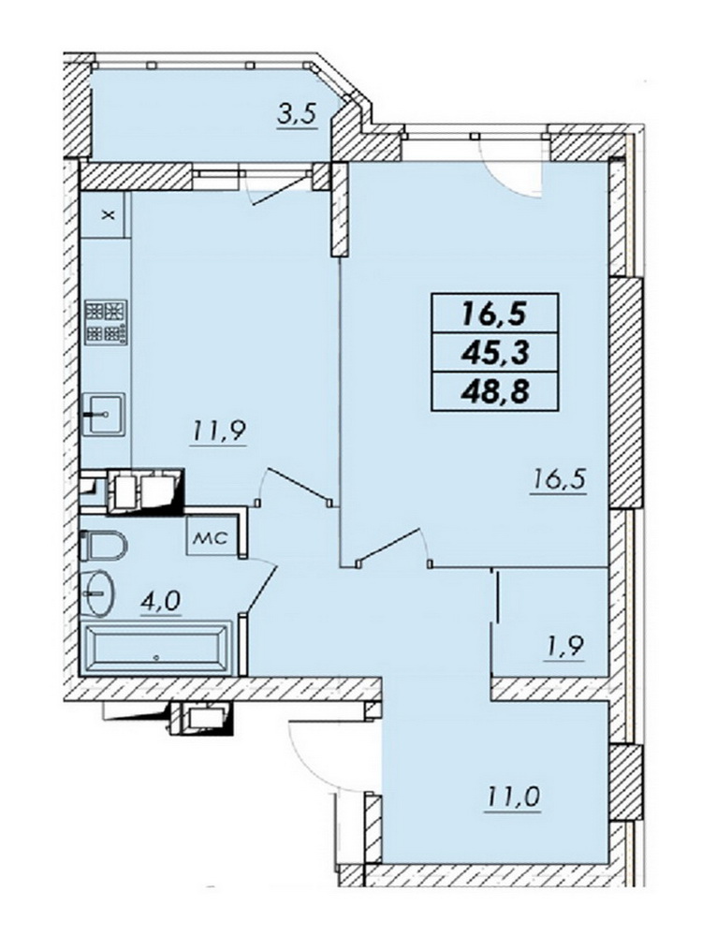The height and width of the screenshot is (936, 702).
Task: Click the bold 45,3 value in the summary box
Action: pos(494,354)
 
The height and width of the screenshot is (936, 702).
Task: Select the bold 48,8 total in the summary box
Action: pos(494,393)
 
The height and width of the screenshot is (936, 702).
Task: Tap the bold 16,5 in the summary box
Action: pos(494,314)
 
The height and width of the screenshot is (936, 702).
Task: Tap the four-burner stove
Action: pos(107,322)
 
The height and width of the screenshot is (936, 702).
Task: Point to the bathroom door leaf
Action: pos(261,589)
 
